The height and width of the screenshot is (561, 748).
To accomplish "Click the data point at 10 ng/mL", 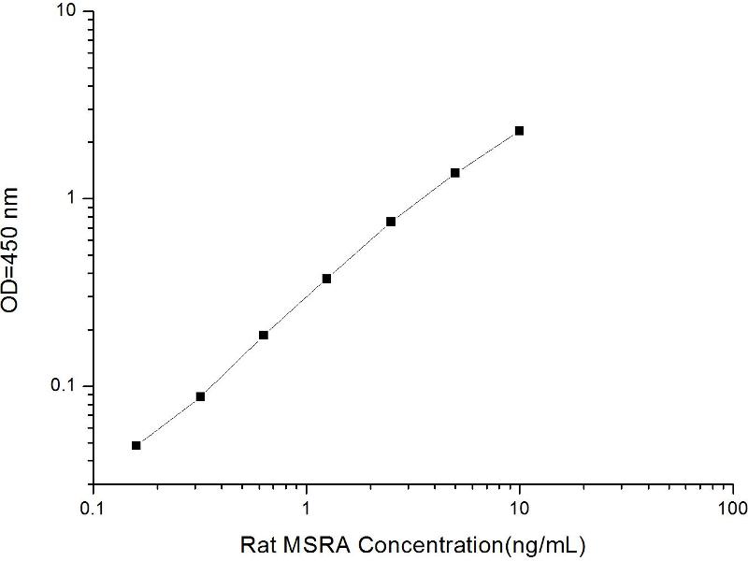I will pos(519,131).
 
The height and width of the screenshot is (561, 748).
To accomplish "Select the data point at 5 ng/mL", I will pos(455,173).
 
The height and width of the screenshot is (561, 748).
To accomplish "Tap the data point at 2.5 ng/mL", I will pos(391,222).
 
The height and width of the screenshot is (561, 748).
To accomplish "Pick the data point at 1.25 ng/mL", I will pos(327,279).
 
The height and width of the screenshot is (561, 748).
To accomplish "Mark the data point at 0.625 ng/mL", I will pos(264,335).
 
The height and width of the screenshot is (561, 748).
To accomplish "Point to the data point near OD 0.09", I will pos(200,396).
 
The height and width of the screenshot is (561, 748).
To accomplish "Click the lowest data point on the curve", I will pos(137,445).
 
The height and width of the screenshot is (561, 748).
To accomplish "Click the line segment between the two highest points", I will pos(487,151).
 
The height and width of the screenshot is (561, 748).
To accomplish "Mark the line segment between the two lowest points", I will pos(168,421).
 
